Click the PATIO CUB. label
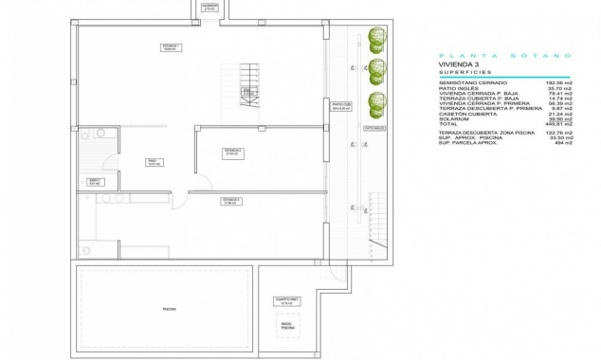[342, 107]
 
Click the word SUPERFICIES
[464, 72]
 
